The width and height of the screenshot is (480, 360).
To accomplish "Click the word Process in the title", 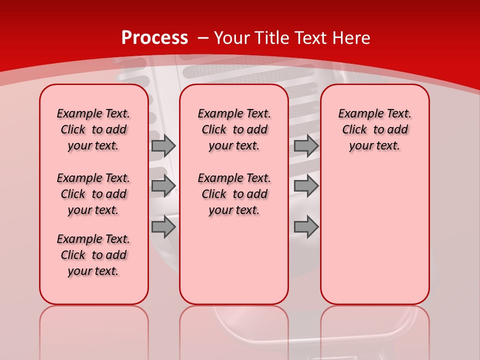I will pos(154,38).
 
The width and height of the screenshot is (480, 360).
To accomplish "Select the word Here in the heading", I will pos(351,38).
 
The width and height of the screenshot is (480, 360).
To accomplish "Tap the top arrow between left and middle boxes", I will pos(163,145).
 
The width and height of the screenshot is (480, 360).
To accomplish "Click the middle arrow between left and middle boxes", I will pos(163,186).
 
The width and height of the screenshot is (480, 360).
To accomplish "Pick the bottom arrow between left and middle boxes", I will pos(163,227).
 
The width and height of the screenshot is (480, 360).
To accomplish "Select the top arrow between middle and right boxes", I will pos(306,145).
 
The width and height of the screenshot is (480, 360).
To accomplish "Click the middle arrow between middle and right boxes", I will pos(306,186).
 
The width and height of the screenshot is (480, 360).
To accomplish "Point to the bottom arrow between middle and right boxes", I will pos(306,227).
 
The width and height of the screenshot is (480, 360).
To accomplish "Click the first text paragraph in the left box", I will pos(93,129).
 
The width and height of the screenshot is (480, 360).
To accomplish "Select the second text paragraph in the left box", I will pos(93,194).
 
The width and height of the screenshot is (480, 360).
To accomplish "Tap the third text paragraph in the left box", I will pos(93,255).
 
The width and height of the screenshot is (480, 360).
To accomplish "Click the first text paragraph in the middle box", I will pos(234,129).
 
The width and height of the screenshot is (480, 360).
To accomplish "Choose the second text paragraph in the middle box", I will pos(234,194).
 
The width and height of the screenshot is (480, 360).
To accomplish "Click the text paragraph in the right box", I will pos(374,129).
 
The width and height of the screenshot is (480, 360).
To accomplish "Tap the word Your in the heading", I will pos(232,38).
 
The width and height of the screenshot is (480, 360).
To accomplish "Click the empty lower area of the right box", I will pos(374,235).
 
